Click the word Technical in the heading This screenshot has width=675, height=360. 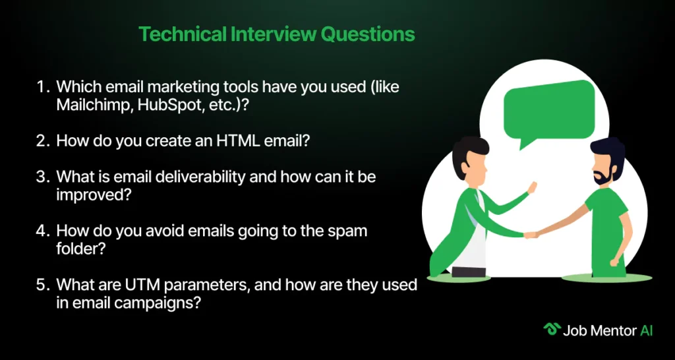182,34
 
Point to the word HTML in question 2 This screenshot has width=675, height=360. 237,142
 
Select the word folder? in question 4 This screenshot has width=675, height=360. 81,250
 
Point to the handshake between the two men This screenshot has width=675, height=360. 531,235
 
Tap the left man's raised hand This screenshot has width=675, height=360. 532,188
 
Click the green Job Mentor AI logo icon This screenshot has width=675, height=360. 550,330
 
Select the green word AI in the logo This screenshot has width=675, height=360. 646,331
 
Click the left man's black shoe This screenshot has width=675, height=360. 469,272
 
